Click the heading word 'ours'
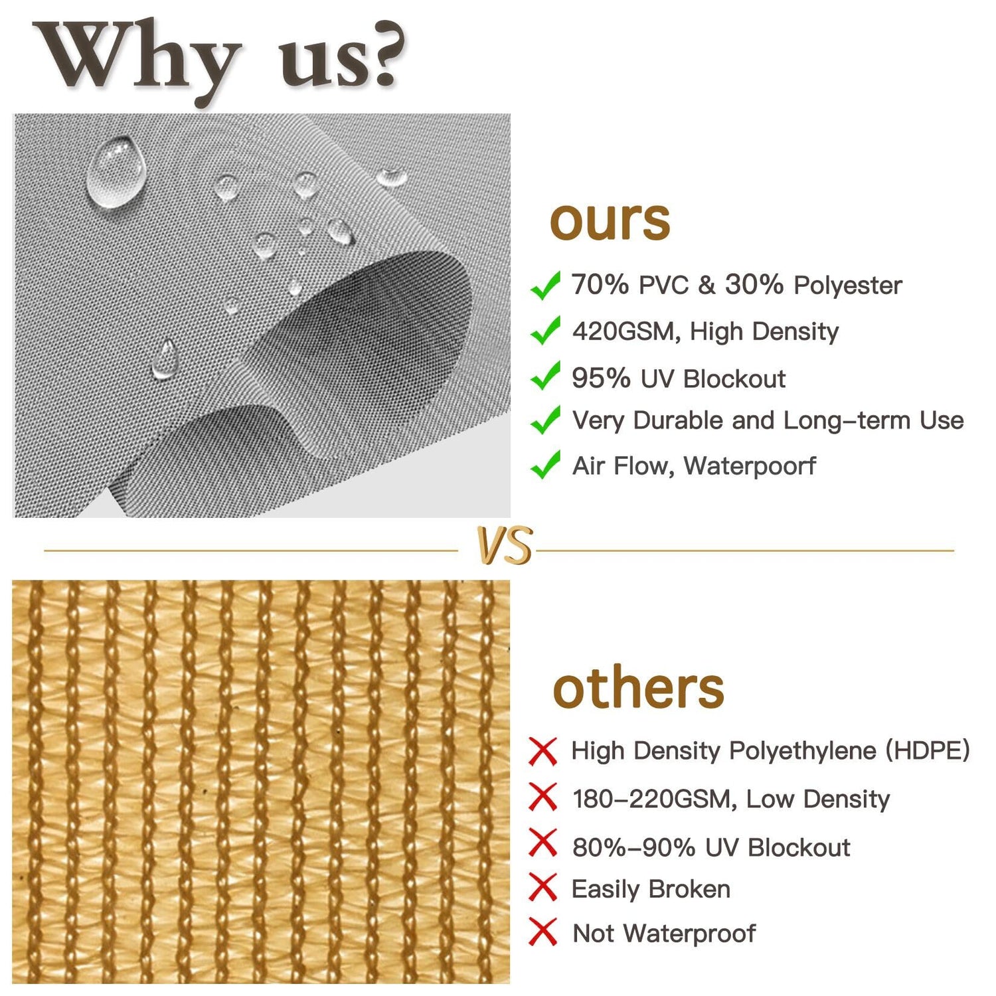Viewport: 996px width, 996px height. click(610, 220)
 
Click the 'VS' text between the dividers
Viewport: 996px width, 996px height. click(505, 546)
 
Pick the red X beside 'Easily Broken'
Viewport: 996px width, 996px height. click(542, 888)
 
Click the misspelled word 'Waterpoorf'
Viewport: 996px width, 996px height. click(750, 465)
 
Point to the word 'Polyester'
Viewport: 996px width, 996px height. click(848, 286)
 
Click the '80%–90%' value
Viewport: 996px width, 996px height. click(633, 847)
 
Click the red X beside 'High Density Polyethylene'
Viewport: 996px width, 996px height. click(542, 751)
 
